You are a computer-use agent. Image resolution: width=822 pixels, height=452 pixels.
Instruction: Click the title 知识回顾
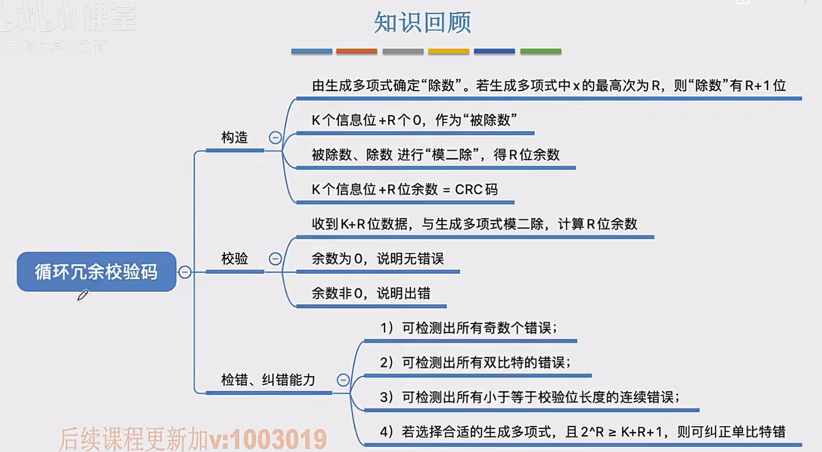click(423, 23)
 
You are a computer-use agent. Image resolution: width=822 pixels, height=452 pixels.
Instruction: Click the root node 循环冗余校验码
click(96, 272)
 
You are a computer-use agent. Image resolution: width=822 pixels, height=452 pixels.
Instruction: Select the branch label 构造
click(235, 138)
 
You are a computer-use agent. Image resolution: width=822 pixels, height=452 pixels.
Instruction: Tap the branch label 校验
click(235, 259)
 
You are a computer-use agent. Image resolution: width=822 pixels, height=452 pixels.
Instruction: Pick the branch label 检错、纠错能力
click(268, 380)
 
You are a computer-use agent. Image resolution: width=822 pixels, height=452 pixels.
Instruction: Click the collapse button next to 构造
click(275, 138)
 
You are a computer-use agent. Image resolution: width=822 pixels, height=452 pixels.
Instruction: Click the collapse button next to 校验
click(275, 259)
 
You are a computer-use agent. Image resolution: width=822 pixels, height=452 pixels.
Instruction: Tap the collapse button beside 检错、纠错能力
click(343, 380)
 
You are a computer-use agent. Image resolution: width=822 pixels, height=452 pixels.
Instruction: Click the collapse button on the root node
click(185, 272)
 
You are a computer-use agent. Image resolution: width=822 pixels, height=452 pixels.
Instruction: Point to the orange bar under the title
click(357, 52)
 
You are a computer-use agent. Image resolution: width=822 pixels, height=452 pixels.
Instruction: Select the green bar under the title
click(540, 52)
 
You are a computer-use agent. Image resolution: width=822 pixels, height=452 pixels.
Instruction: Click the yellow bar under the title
click(449, 52)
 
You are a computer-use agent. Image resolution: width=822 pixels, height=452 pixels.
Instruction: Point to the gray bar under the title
click(403, 52)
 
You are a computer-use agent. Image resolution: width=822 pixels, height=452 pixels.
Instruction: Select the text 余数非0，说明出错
click(371, 293)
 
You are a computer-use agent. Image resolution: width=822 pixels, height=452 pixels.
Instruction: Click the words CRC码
click(476, 189)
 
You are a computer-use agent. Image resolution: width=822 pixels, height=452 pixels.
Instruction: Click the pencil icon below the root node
click(83, 295)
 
